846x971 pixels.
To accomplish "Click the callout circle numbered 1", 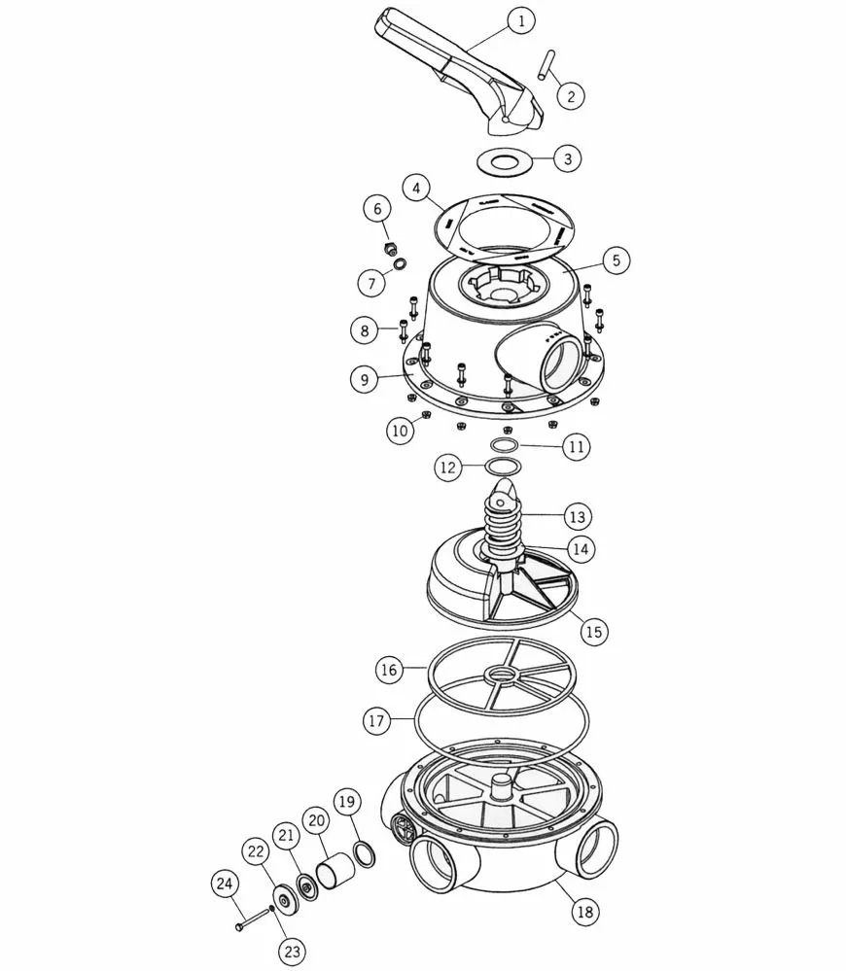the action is [521, 21].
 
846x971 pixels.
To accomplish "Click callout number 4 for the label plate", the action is [416, 189].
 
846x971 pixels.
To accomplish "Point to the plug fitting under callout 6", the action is [390, 250].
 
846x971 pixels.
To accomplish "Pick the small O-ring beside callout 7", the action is [401, 263].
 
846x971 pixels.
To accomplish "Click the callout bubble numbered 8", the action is [364, 330].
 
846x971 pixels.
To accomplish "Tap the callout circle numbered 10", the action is [400, 430].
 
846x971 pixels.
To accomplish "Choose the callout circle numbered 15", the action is [593, 632].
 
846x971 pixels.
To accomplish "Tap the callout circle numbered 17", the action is [376, 721].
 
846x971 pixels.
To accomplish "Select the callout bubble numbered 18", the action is [584, 911].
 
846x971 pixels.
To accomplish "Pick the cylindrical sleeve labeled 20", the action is [335, 867].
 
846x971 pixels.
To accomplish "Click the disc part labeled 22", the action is [284, 900].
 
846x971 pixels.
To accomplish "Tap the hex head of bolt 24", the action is [239, 926].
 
